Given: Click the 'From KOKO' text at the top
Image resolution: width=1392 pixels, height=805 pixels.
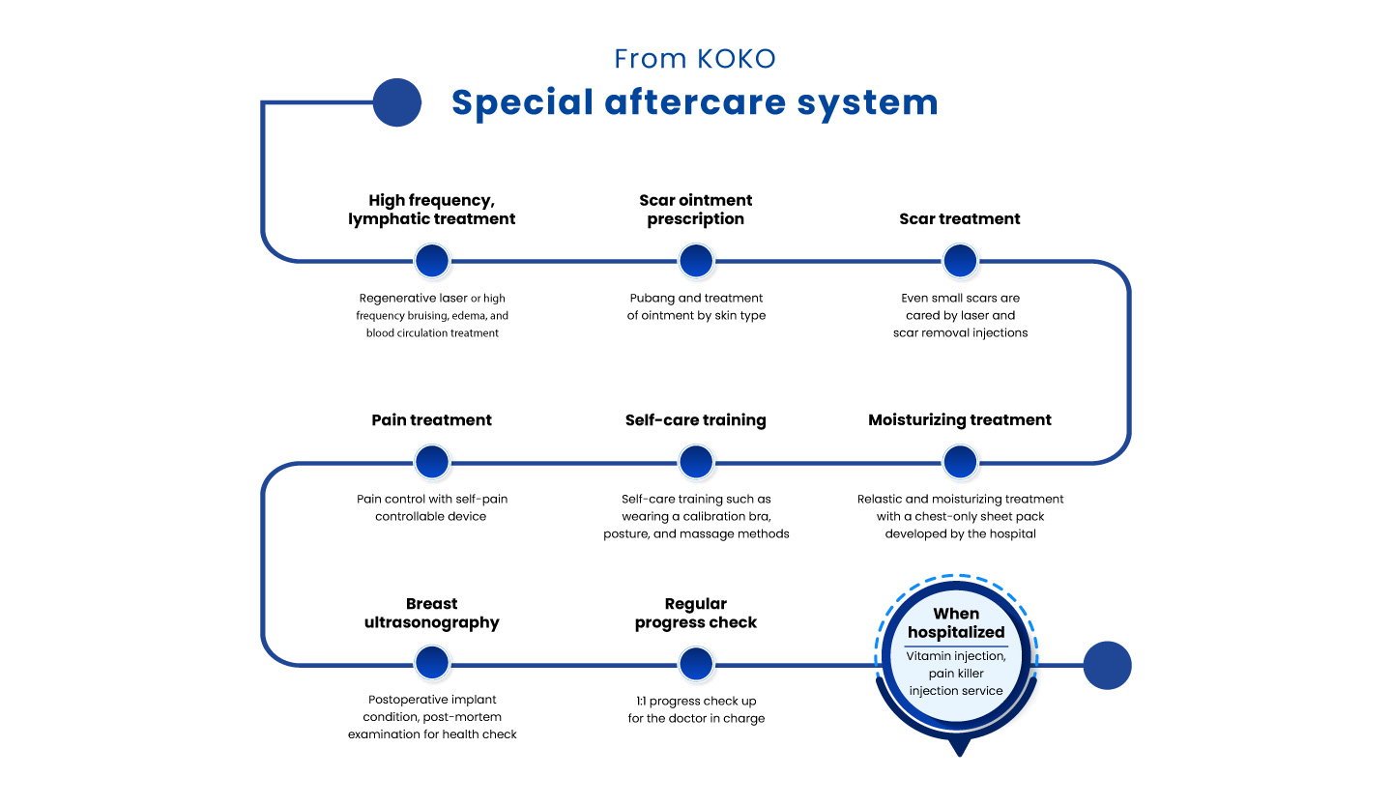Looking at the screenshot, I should click(x=695, y=59).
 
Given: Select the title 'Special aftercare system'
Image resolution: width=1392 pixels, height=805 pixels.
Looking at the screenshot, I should click(x=694, y=102).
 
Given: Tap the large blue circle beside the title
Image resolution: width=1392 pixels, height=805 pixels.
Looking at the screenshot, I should click(x=396, y=102).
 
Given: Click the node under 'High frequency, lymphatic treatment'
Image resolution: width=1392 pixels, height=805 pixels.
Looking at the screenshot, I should click(x=432, y=261).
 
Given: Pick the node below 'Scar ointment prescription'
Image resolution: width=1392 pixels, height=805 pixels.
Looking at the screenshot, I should click(x=696, y=261).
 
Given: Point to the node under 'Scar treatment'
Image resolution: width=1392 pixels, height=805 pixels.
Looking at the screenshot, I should click(x=960, y=261).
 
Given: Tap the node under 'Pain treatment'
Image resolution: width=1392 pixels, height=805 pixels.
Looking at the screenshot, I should click(x=432, y=462).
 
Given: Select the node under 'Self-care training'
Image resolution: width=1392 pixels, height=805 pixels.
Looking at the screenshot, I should click(x=696, y=462).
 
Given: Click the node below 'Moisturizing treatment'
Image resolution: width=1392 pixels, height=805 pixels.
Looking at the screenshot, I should click(x=960, y=462).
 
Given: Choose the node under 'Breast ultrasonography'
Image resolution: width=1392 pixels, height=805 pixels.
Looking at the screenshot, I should click(x=432, y=664).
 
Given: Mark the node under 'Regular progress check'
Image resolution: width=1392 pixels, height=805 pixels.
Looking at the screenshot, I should click(x=696, y=664).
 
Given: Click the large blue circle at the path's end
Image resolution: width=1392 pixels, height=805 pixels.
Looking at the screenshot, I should click(x=1107, y=665).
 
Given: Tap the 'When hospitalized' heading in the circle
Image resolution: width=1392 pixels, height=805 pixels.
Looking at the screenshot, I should click(x=956, y=623).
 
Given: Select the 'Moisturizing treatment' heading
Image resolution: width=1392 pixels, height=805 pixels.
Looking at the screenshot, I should click(x=960, y=420).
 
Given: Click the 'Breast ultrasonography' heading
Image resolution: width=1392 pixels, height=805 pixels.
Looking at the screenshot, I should click(x=432, y=614).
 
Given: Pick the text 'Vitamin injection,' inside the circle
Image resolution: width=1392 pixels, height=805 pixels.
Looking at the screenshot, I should click(x=956, y=656).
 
